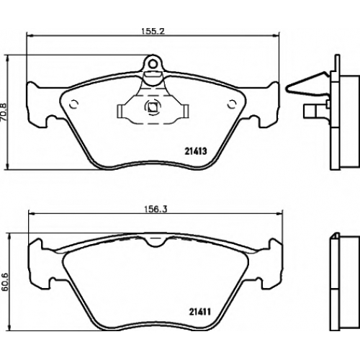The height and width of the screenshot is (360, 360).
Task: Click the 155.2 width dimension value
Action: pyautogui.click(x=153, y=31)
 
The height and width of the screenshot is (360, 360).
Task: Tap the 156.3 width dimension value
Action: pyautogui.click(x=156, y=210)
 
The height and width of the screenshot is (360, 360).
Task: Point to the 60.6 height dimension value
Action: pyautogui.click(x=5, y=282)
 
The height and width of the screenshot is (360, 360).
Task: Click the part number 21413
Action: pyautogui.click(x=196, y=151)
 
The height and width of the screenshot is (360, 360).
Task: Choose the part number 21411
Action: pyautogui.click(x=199, y=312)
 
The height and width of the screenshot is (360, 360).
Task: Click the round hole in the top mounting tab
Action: pyautogui.click(x=153, y=63)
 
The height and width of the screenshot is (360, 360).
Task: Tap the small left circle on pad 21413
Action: pyautogui.click(x=73, y=104)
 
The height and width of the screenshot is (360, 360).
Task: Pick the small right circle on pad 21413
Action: pyautogui.click(x=232, y=104)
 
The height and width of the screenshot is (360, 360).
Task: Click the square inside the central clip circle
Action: pyautogui.click(x=153, y=107)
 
